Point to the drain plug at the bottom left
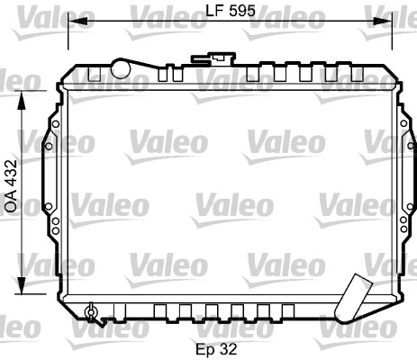(90, 312)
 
